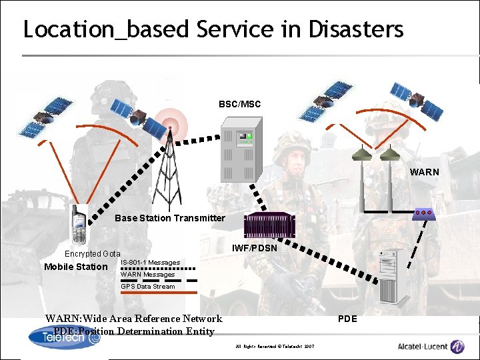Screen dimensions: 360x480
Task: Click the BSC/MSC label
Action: point(239,105)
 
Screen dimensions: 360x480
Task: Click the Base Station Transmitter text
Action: point(170,218)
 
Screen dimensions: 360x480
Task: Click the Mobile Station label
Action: point(75,267)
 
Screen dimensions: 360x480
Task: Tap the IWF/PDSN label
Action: point(254,249)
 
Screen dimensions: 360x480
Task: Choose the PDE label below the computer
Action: point(347,319)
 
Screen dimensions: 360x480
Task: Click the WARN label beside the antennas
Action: point(425,172)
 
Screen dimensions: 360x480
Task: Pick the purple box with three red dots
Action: point(423,213)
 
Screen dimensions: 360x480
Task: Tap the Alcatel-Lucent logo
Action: point(431,346)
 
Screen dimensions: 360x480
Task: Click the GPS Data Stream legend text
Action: point(148,287)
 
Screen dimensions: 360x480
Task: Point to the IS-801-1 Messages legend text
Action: point(150,263)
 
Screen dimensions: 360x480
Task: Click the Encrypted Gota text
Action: point(92,254)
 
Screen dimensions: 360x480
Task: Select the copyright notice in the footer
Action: point(275,347)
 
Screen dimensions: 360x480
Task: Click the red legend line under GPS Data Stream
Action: point(159,293)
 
